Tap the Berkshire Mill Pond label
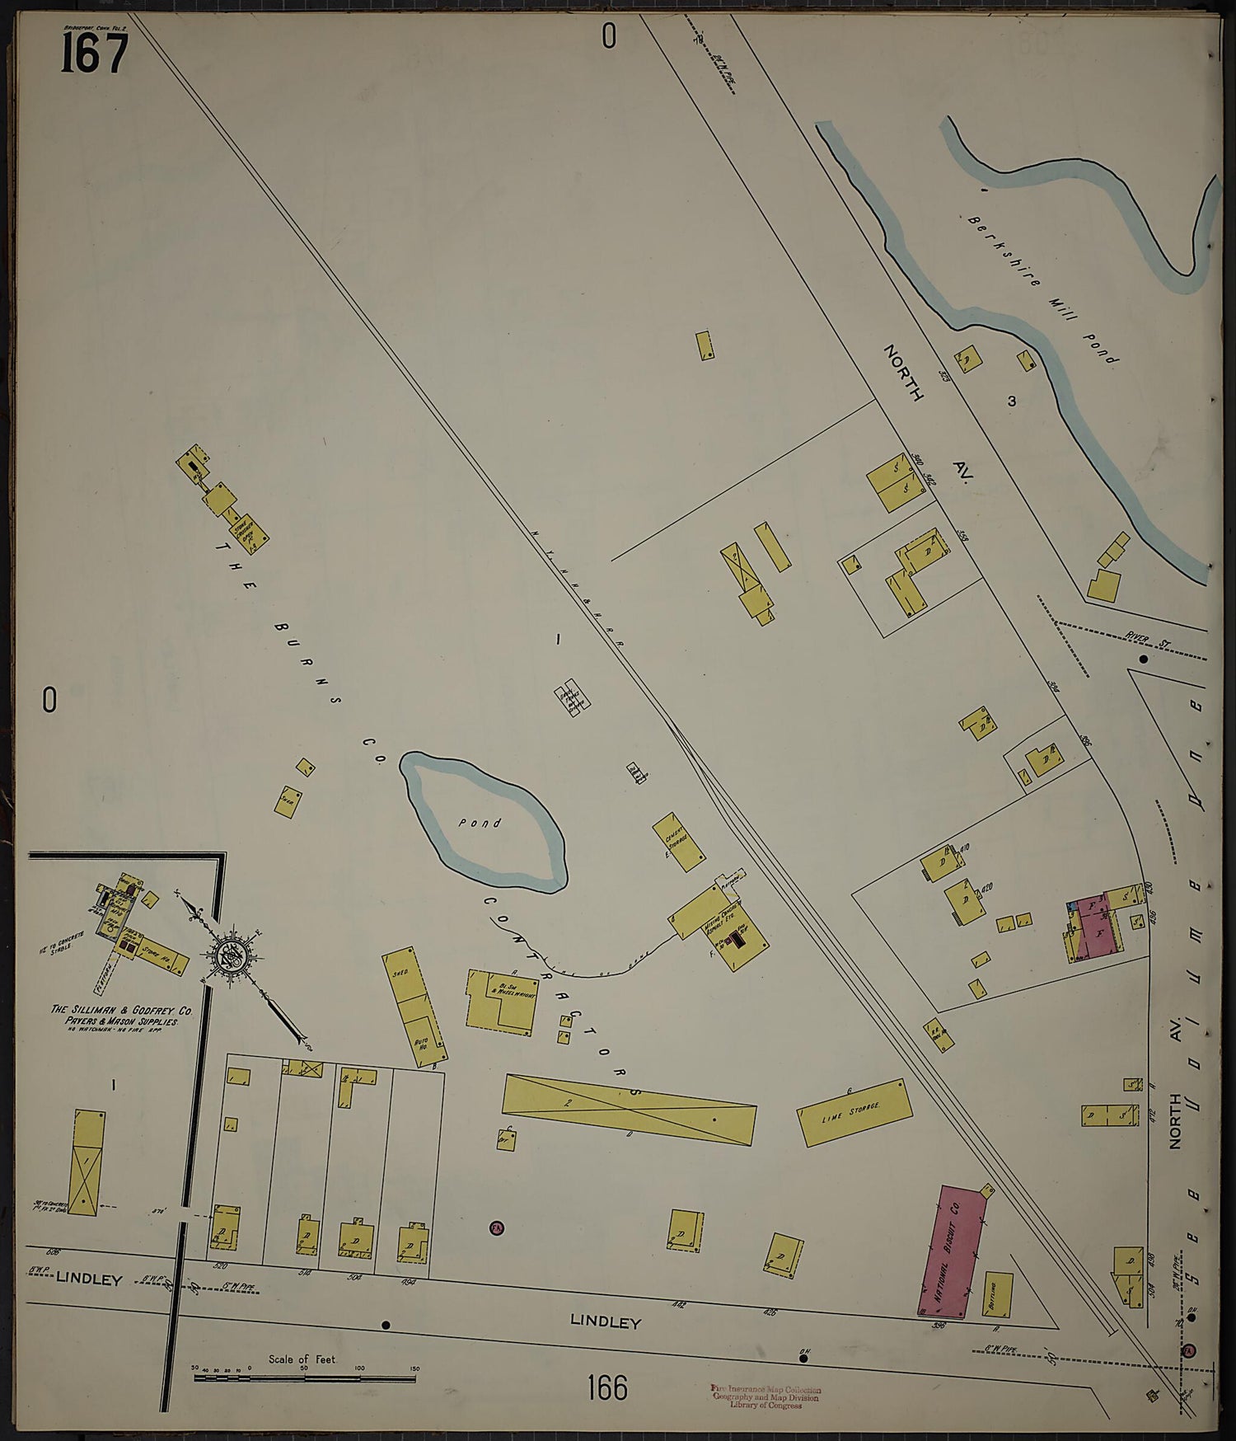pyautogui.click(x=1043, y=289)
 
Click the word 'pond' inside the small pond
pyautogui.click(x=480, y=822)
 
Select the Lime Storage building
pyautogui.click(x=854, y=1112)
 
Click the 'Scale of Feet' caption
pyautogui.click(x=302, y=1359)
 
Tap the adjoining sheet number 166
pyautogui.click(x=607, y=1387)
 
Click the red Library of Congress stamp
pyautogui.click(x=766, y=1396)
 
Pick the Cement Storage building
pyautogui.click(x=678, y=842)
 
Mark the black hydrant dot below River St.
pyautogui.click(x=1143, y=659)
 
